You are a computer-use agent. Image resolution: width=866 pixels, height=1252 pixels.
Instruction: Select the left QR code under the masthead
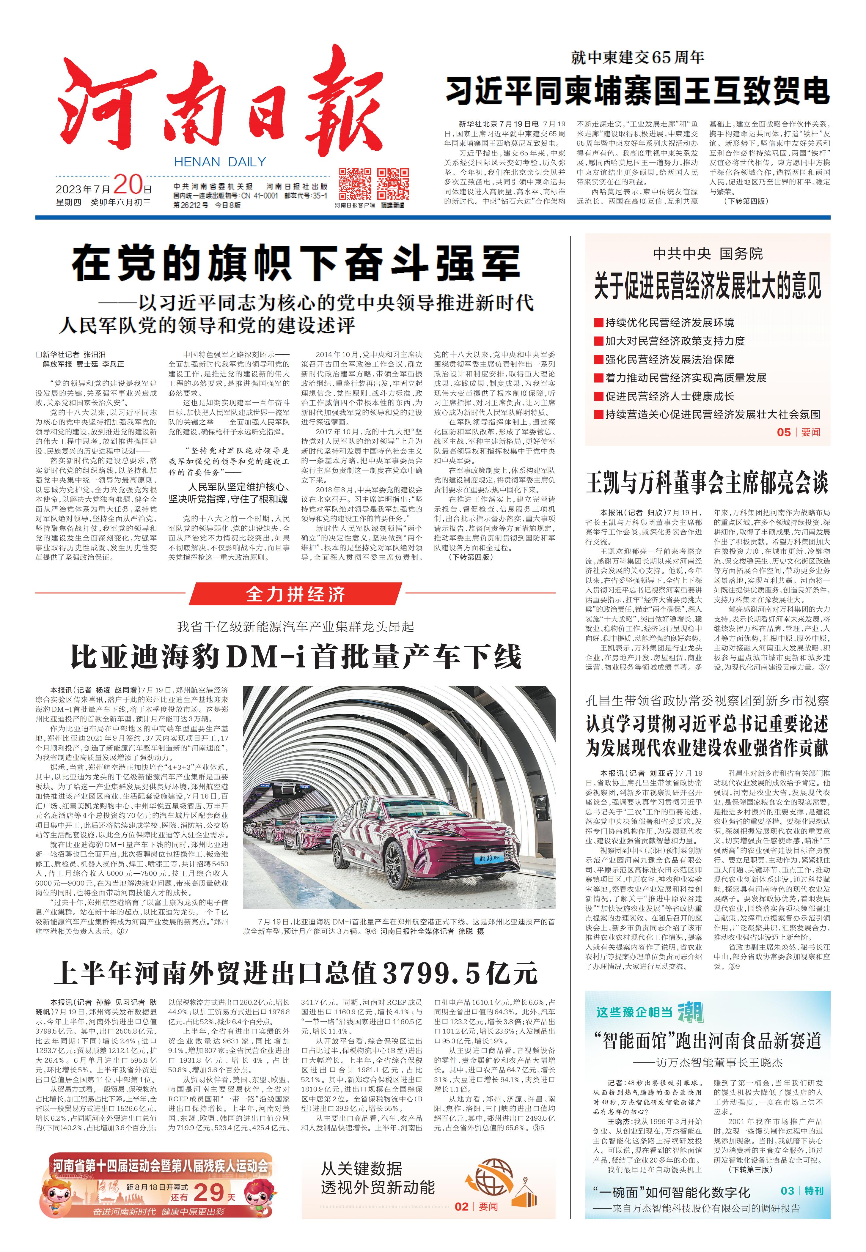click(355, 184)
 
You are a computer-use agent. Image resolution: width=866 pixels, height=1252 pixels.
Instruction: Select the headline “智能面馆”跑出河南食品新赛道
click(707, 1040)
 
